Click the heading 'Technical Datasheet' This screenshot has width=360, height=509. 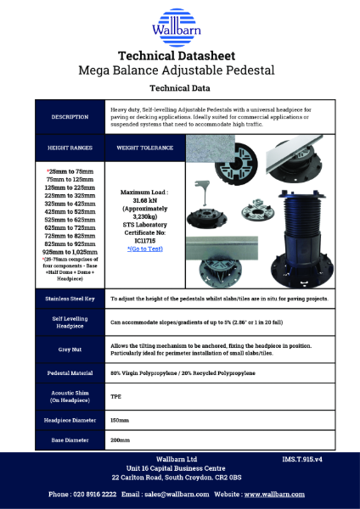[x=179, y=54]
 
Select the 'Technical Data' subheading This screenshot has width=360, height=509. [x=179, y=87]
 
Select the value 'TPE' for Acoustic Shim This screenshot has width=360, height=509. [x=116, y=396]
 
